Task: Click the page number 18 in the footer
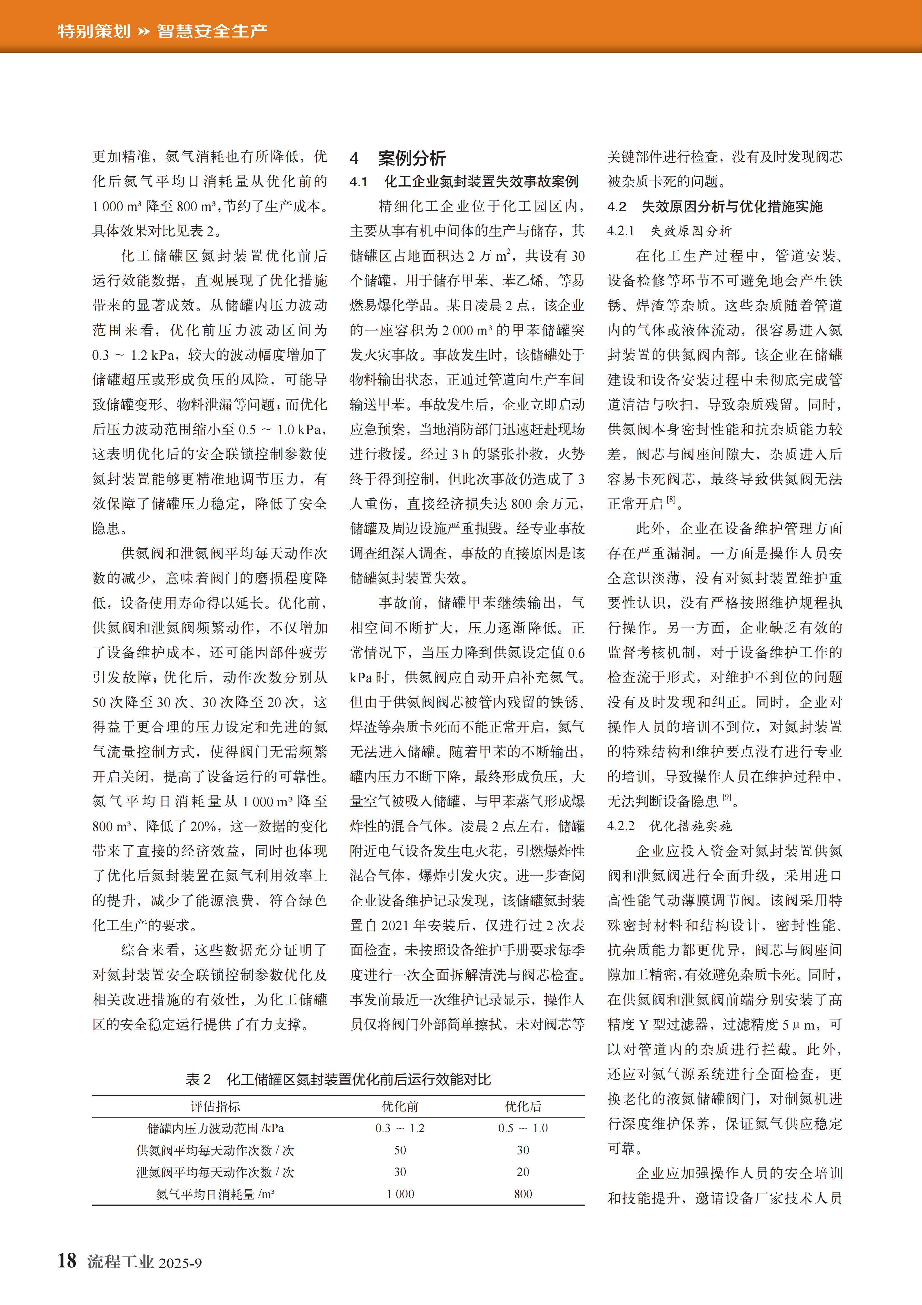(x=67, y=1261)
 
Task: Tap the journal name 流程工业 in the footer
(x=121, y=1262)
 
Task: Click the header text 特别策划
(x=94, y=31)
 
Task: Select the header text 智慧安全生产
(x=212, y=31)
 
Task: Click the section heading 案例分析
(x=412, y=158)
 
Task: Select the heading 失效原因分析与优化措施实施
(x=732, y=206)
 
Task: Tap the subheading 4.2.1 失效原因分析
(x=669, y=231)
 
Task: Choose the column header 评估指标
(x=215, y=1106)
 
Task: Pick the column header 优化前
(x=400, y=1106)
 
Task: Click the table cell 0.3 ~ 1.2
(x=400, y=1128)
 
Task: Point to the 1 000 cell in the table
(x=400, y=1194)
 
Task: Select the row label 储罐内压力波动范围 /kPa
(x=215, y=1128)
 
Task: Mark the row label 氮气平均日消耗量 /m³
(x=215, y=1194)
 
